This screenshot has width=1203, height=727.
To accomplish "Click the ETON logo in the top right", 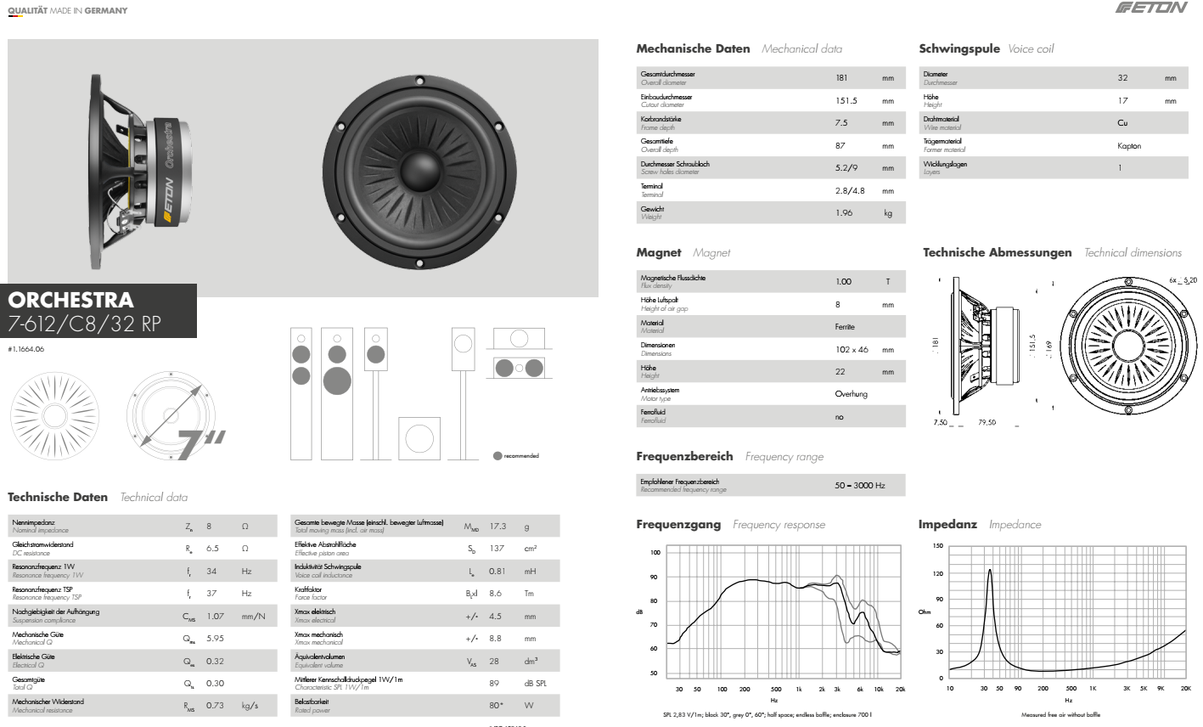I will click(1151, 8).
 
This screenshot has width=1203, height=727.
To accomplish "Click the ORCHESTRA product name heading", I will click(71, 300).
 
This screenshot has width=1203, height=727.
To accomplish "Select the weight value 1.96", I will click(843, 213).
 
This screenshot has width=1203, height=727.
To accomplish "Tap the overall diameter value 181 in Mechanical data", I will click(841, 78).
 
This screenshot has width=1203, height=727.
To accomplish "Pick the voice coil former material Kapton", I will click(1129, 146).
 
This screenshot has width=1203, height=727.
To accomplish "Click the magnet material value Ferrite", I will click(845, 327).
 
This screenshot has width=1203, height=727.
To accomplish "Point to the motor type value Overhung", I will click(851, 394).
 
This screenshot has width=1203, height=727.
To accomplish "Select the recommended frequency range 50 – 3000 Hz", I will click(859, 486).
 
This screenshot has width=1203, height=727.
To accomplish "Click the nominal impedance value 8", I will click(209, 527).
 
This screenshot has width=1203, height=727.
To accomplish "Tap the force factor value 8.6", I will click(496, 594).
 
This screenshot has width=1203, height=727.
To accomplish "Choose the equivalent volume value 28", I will click(494, 661).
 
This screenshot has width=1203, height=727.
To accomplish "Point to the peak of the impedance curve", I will click(990, 571).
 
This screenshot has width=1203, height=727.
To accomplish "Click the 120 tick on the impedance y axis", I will click(937, 574).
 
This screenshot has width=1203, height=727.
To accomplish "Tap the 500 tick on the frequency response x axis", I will click(776, 690).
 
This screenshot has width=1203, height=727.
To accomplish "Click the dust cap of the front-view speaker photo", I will click(419, 164).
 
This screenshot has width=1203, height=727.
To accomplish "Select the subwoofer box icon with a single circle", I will click(419, 437).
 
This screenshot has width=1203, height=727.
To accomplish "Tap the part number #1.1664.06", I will click(26, 349).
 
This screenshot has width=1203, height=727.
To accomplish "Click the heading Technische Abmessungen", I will click(997, 253).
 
